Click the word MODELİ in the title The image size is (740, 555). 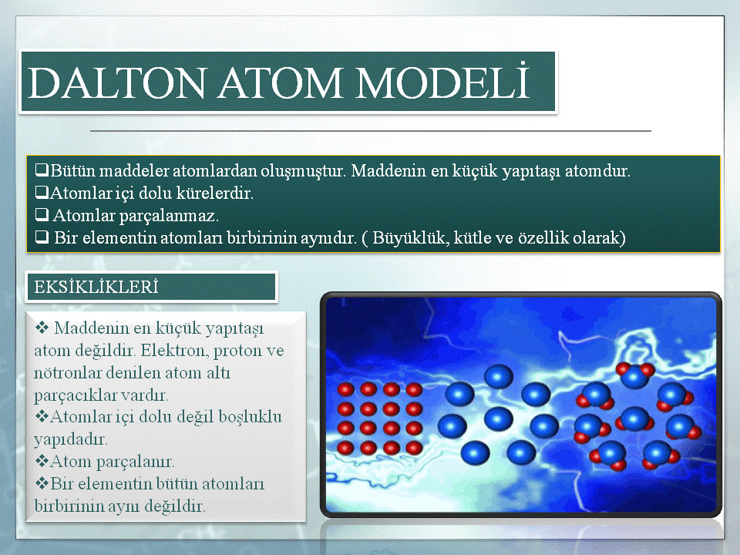[x=443, y=81]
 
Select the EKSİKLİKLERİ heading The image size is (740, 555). [x=96, y=287]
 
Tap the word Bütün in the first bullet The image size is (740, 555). [x=72, y=170]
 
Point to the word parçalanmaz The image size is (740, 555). [x=169, y=216]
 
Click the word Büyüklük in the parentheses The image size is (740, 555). [x=409, y=237]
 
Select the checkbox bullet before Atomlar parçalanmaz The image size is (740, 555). [x=42, y=215]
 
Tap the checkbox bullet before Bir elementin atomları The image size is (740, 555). [x=42, y=237]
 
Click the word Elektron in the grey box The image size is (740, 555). [x=174, y=350]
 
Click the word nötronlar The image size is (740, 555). [x=68, y=373]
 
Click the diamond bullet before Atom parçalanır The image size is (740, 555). [x=42, y=461]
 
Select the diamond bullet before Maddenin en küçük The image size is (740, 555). [x=42, y=327]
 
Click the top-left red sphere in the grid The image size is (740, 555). [x=345, y=390]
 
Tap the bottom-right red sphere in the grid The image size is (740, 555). [x=414, y=447]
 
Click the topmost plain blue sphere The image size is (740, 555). [x=499, y=377]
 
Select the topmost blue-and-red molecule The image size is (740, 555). [x=634, y=375]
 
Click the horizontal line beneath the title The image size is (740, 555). [x=371, y=131]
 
